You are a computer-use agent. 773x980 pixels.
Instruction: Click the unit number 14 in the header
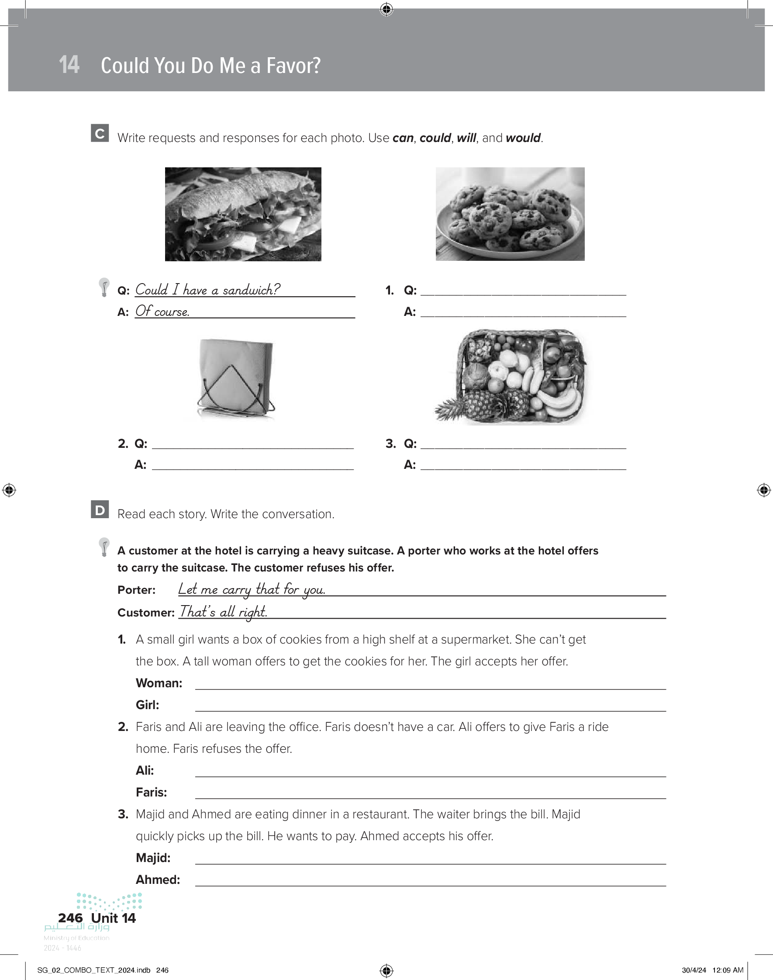click(x=69, y=65)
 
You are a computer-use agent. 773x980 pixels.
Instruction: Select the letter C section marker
click(x=100, y=133)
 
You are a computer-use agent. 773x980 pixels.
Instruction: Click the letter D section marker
click(x=100, y=509)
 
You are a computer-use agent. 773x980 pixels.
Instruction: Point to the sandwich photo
click(x=243, y=214)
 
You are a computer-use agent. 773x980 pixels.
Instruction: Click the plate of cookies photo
click(x=510, y=214)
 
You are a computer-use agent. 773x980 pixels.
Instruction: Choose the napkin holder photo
click(x=236, y=378)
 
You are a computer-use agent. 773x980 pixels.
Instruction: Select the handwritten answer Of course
click(x=162, y=311)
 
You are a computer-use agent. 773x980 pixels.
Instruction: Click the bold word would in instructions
click(x=523, y=138)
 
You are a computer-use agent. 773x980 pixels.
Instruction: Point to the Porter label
click(x=136, y=590)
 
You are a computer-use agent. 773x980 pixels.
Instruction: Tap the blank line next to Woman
click(x=430, y=684)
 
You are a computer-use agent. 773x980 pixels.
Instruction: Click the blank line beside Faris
click(x=430, y=793)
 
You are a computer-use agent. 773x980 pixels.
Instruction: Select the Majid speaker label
click(x=153, y=858)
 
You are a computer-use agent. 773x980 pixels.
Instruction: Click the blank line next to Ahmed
click(x=430, y=881)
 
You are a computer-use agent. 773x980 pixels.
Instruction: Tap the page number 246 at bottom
click(x=71, y=918)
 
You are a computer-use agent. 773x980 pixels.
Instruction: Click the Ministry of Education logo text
click(x=76, y=938)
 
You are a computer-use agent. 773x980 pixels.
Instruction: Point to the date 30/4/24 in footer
click(x=694, y=970)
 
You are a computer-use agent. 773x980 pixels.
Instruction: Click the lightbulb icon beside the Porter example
click(x=104, y=547)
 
